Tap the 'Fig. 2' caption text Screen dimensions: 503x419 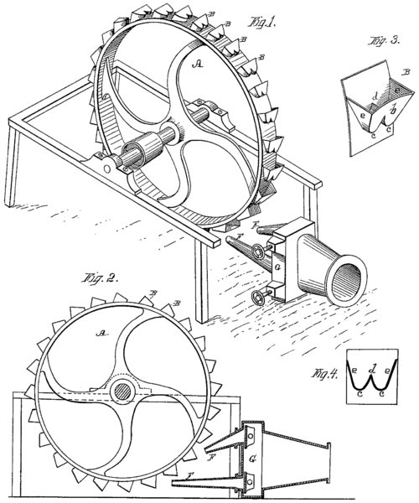pyautogui.click(x=99, y=278)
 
